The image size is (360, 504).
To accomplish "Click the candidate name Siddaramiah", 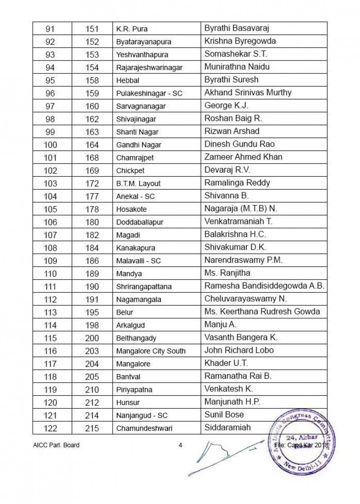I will (227, 428).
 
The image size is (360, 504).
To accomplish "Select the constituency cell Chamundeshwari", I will (144, 428).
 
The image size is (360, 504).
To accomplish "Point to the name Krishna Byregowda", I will (240, 41).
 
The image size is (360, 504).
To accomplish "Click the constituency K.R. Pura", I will (131, 29).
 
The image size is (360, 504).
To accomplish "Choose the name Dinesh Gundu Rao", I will (239, 144).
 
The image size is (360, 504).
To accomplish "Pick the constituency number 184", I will (92, 248).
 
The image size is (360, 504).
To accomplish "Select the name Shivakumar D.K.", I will (235, 247).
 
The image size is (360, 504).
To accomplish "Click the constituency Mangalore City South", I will (151, 351).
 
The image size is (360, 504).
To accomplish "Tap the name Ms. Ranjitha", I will (227, 273).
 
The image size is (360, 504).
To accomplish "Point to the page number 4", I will (180, 446).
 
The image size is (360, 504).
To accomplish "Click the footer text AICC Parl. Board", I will (56, 446).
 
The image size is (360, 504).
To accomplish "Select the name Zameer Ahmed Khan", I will (243, 157).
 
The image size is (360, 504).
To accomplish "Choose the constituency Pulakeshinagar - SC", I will (149, 94).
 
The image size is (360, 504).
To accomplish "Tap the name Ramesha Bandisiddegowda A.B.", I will (264, 286).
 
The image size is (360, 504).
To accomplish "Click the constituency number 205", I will (92, 377).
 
